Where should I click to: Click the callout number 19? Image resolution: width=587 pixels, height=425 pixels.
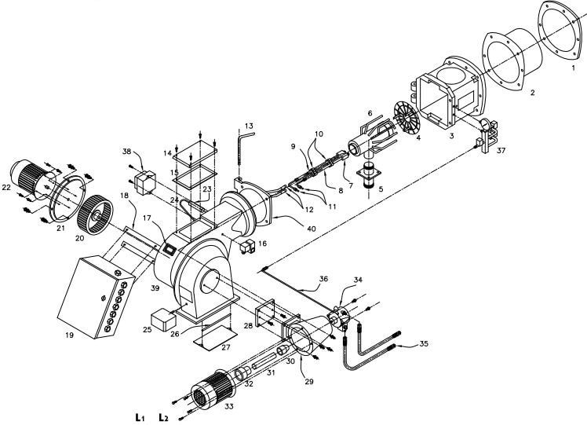click(69, 335)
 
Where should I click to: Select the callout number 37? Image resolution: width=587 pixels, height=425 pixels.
click(501, 151)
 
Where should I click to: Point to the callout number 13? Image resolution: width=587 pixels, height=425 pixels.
click(249, 125)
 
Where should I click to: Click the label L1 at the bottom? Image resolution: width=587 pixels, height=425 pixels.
click(140, 417)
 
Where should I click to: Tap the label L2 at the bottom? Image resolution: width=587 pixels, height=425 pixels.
click(163, 417)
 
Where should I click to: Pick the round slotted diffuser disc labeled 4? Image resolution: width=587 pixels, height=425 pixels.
click(407, 117)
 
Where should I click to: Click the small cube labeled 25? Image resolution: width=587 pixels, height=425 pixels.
click(163, 320)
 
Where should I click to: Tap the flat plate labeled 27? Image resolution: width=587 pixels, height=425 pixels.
click(215, 336)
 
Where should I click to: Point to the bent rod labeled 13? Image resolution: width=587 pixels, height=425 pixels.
click(244, 152)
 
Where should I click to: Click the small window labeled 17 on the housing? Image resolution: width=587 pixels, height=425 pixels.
click(170, 249)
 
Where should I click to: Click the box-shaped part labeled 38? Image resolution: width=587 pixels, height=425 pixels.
click(145, 182)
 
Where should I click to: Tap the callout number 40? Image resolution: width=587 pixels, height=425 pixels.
click(311, 229)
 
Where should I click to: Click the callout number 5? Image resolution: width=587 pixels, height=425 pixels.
click(381, 189)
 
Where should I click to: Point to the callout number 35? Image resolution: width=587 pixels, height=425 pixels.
click(424, 343)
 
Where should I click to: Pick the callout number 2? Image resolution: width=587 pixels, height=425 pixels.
click(532, 92)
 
